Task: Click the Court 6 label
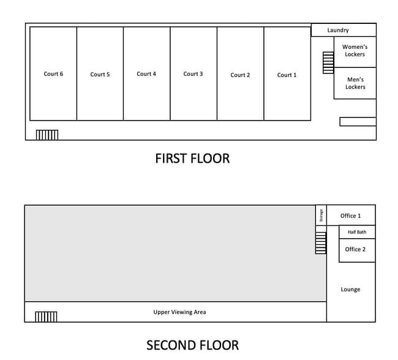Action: coord(53,74)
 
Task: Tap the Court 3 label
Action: coord(193,74)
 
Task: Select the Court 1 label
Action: coord(287,75)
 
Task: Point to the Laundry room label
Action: coord(338,30)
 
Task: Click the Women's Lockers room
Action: coord(355,52)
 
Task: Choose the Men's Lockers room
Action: coord(355,83)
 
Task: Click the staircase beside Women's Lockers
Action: coord(328,62)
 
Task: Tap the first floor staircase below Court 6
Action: coord(47,135)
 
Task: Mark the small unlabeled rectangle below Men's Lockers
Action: coord(358,122)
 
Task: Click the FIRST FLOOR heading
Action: coord(192,159)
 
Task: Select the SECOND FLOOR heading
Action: coord(192,345)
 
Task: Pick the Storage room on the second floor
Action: coord(321,216)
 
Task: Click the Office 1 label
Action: coord(350,216)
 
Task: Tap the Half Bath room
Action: coord(357,232)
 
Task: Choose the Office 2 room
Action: coord(357,250)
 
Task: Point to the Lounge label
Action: coord(350,290)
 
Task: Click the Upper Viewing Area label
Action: coord(179,312)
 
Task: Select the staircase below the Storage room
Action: coord(321,242)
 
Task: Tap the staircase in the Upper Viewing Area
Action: coord(46,317)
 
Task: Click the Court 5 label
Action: coord(100,74)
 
